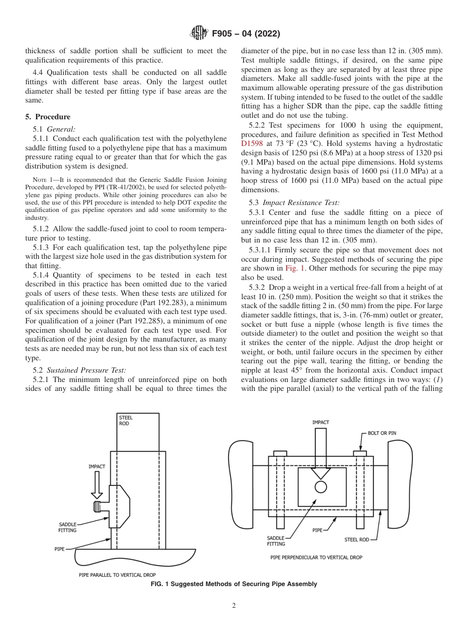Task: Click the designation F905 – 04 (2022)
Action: (x=246, y=34)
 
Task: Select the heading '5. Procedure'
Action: (x=48, y=117)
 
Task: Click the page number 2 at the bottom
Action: (x=234, y=606)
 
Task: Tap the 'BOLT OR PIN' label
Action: (x=382, y=433)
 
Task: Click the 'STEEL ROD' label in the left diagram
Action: (x=126, y=421)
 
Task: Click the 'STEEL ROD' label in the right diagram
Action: (x=356, y=539)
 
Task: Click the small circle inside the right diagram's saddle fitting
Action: (x=321, y=487)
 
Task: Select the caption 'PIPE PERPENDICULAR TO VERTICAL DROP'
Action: (x=316, y=557)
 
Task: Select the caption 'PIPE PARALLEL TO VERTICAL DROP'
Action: (x=117, y=575)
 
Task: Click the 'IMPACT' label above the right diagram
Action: (x=321, y=422)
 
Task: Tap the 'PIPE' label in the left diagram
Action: (x=59, y=548)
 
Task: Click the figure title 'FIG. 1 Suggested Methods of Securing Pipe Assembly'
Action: (x=234, y=584)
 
